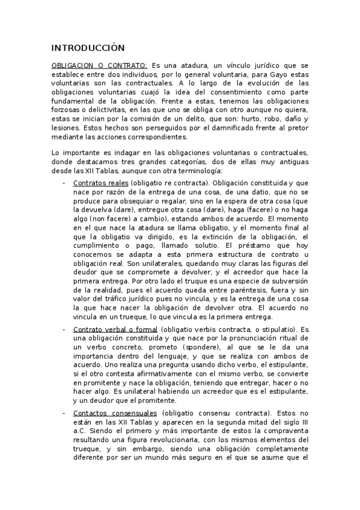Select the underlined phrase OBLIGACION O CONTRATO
click(x=99, y=65)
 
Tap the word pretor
click(x=298, y=128)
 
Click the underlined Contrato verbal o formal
click(x=115, y=330)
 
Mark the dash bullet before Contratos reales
click(x=64, y=183)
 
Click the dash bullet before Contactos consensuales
click(x=64, y=413)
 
